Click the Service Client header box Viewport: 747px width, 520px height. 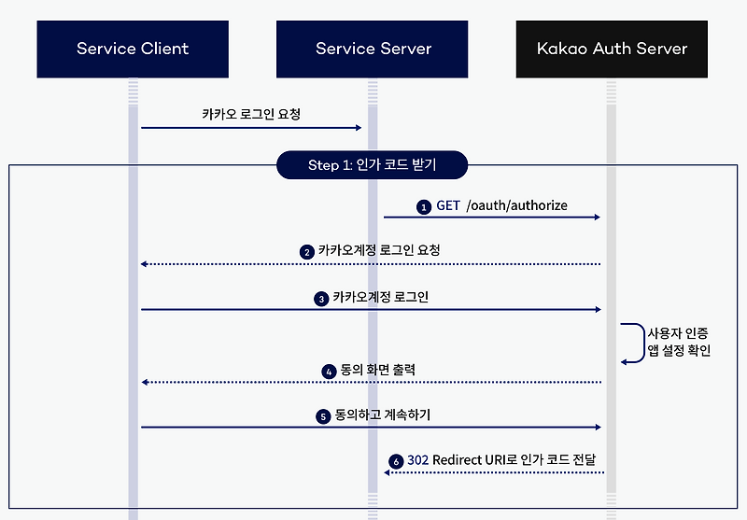133,48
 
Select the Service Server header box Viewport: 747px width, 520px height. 373,48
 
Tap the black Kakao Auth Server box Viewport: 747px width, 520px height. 612,48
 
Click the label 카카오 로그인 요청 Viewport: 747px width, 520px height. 251,114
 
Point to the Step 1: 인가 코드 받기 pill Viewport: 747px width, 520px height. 372,165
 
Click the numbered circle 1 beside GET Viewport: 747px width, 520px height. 424,206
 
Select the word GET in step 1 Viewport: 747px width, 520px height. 448,205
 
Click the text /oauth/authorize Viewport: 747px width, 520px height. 517,205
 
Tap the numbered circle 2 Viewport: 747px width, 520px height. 306,252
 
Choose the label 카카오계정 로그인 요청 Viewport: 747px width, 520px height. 379,251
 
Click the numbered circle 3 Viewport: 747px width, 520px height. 321,299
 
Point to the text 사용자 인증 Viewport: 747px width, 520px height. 679,332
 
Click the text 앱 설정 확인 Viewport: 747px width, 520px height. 679,352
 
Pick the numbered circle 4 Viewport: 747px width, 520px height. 329,371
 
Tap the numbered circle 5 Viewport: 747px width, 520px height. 322,415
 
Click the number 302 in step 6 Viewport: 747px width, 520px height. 417,460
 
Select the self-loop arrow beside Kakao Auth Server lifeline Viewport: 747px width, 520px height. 634,343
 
